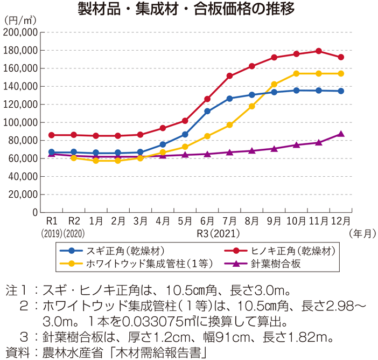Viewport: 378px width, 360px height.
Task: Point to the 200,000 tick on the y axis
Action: point(20,32)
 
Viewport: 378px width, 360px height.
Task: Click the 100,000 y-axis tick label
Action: point(20,122)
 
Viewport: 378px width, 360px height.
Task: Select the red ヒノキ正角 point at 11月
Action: point(319,51)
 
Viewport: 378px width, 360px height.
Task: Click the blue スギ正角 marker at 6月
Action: point(207,111)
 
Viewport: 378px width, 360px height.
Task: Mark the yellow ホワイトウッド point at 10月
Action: point(297,73)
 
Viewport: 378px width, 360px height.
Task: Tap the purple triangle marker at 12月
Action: point(341,134)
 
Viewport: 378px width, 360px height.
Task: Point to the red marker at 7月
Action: point(230,76)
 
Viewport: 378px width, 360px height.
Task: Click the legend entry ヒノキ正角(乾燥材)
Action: point(288,251)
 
